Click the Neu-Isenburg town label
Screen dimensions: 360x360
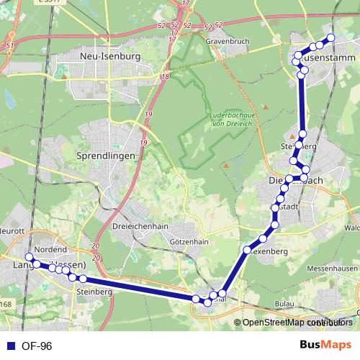click(110, 55)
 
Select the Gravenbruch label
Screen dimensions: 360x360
click(227, 42)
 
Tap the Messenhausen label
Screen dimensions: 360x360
click(331, 268)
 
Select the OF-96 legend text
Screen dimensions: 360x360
click(36, 346)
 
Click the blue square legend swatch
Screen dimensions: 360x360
click(10, 346)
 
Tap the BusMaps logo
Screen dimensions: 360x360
click(325, 345)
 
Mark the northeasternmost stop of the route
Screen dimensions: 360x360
click(331, 37)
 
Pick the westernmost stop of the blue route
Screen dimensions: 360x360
click(30, 257)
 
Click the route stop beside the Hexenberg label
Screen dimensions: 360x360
click(247, 251)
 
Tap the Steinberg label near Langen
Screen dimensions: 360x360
click(94, 292)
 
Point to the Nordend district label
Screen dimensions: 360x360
click(51, 249)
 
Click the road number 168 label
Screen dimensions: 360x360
click(6, 305)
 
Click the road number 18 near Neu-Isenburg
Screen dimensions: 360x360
click(166, 76)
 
